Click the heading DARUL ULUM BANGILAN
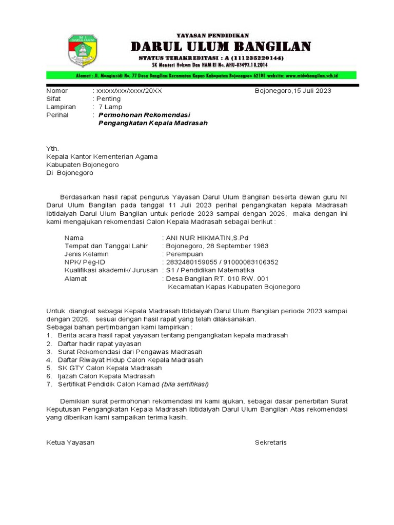(x=221, y=47)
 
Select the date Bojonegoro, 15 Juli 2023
(x=293, y=91)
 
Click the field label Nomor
(x=57, y=91)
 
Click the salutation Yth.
(x=53, y=149)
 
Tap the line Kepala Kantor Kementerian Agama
(x=102, y=157)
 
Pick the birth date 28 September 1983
(x=237, y=246)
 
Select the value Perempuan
(x=184, y=254)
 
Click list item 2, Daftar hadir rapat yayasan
(x=100, y=344)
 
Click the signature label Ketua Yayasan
(x=70, y=442)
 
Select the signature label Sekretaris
(x=271, y=442)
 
